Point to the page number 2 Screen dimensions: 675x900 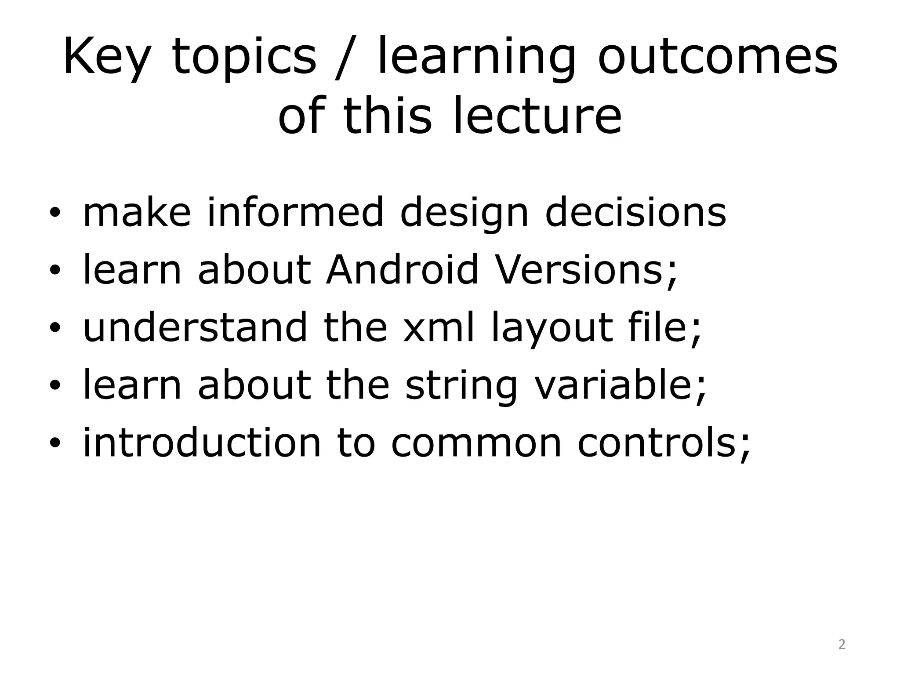[x=842, y=644]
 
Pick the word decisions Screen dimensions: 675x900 [x=635, y=213]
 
